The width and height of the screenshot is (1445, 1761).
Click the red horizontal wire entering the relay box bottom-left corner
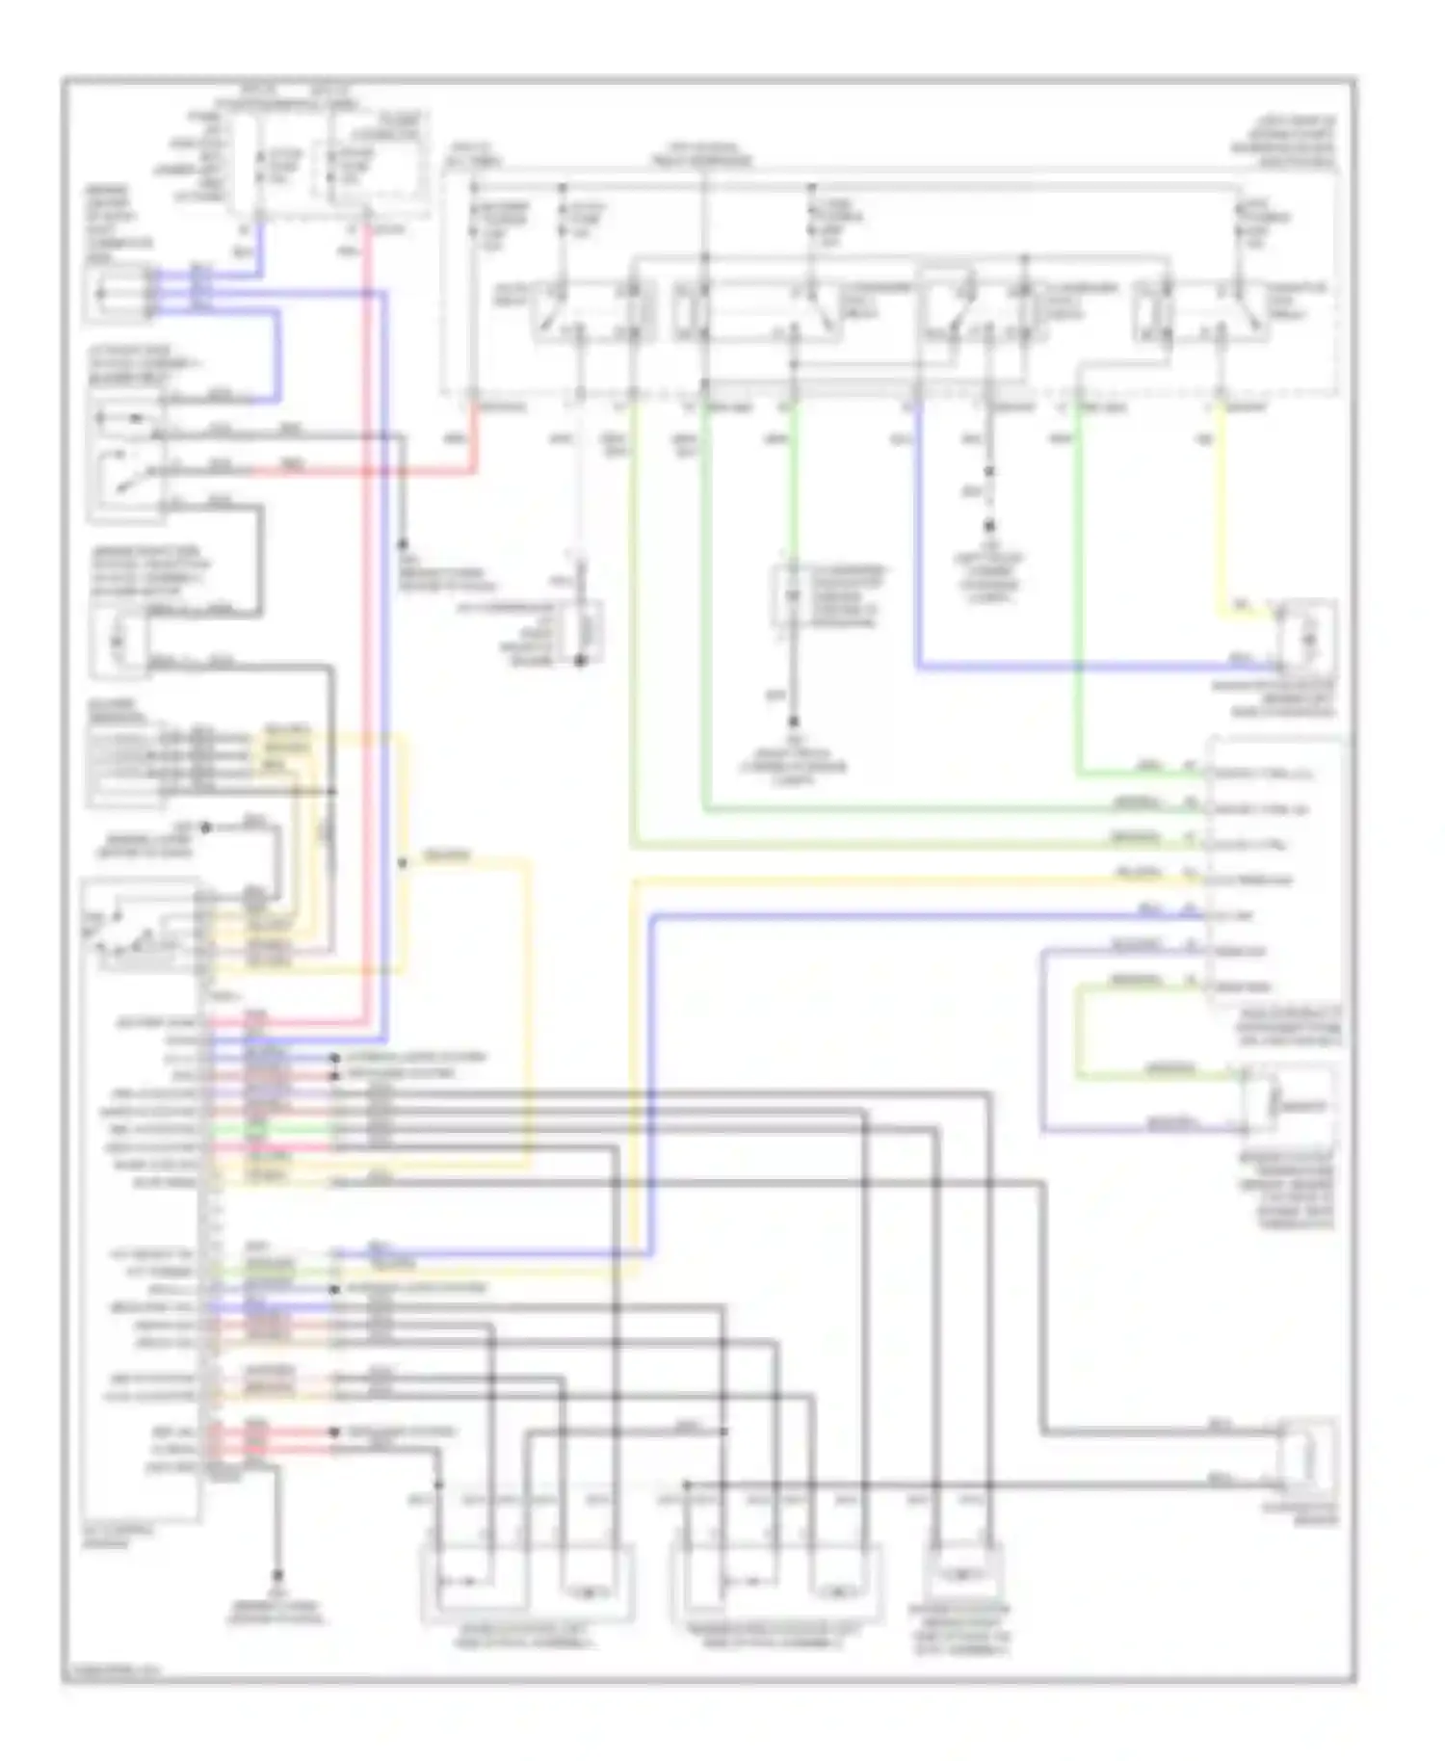coord(424,472)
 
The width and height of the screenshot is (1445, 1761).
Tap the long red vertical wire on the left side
coord(366,626)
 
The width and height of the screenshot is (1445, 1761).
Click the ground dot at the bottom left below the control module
coord(277,1576)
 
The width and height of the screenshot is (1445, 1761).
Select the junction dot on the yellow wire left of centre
coord(403,863)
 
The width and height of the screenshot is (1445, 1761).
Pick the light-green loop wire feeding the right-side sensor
coord(1079,1031)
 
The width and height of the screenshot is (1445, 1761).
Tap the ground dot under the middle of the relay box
coord(794,721)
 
